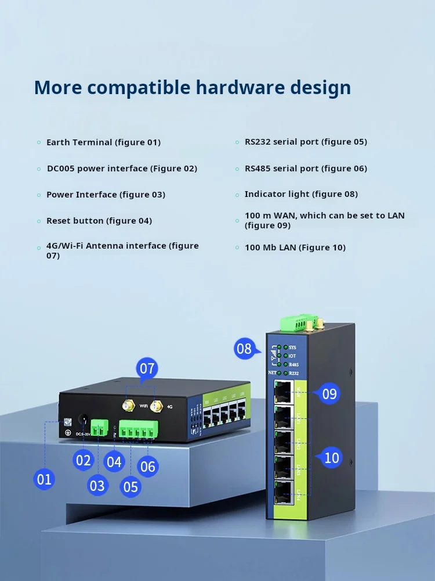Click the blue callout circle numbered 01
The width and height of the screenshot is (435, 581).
click(44, 479)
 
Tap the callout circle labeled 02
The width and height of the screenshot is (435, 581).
click(84, 460)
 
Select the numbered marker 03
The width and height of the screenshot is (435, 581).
click(97, 485)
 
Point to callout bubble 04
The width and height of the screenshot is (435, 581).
click(114, 462)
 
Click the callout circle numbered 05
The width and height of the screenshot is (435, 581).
click(131, 486)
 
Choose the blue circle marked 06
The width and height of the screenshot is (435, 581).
click(148, 466)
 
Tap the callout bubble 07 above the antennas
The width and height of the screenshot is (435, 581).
click(147, 368)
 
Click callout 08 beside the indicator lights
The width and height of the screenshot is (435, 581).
click(244, 349)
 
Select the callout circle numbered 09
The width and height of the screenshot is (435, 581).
click(329, 394)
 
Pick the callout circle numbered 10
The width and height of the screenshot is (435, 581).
click(331, 458)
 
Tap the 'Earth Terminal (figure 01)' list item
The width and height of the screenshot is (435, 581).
click(103, 142)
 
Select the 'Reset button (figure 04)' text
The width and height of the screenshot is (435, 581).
click(99, 221)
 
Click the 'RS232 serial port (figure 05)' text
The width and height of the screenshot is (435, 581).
click(306, 142)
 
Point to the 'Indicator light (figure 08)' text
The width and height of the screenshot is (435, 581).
click(301, 194)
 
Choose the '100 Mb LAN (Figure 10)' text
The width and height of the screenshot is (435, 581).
click(295, 248)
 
